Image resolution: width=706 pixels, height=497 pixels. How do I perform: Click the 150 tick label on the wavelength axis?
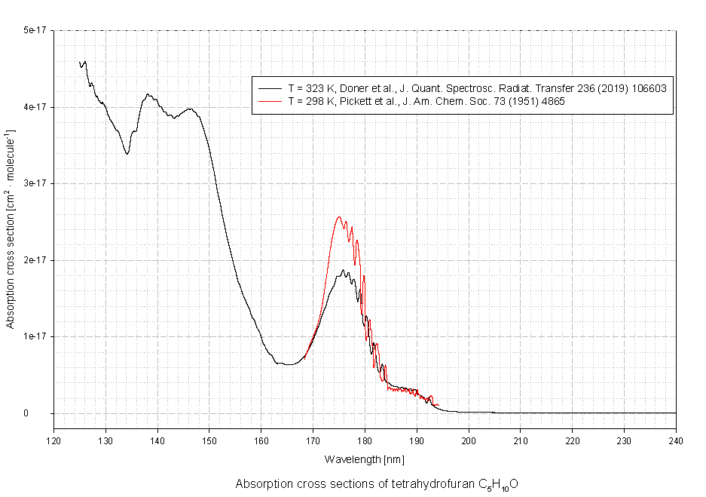209,441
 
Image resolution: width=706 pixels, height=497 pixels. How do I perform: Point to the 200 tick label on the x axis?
469,441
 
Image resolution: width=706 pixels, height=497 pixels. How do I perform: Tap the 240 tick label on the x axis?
676,441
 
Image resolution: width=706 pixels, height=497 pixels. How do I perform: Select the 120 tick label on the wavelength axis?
53,441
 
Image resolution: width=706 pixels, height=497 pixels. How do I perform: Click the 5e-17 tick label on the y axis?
34,30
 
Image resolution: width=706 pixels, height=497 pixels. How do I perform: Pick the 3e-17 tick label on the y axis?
34,183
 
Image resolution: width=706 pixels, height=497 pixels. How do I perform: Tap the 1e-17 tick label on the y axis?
34,336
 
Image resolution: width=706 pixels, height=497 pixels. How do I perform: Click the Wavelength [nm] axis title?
364,459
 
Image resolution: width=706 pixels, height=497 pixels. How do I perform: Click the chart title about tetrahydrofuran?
377,484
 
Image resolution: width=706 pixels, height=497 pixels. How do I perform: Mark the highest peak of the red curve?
339,217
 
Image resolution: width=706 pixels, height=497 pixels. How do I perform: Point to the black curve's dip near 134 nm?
127,154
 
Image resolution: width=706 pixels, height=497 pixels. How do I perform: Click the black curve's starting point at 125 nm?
80,63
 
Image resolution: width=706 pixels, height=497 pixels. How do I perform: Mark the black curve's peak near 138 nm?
148,94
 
